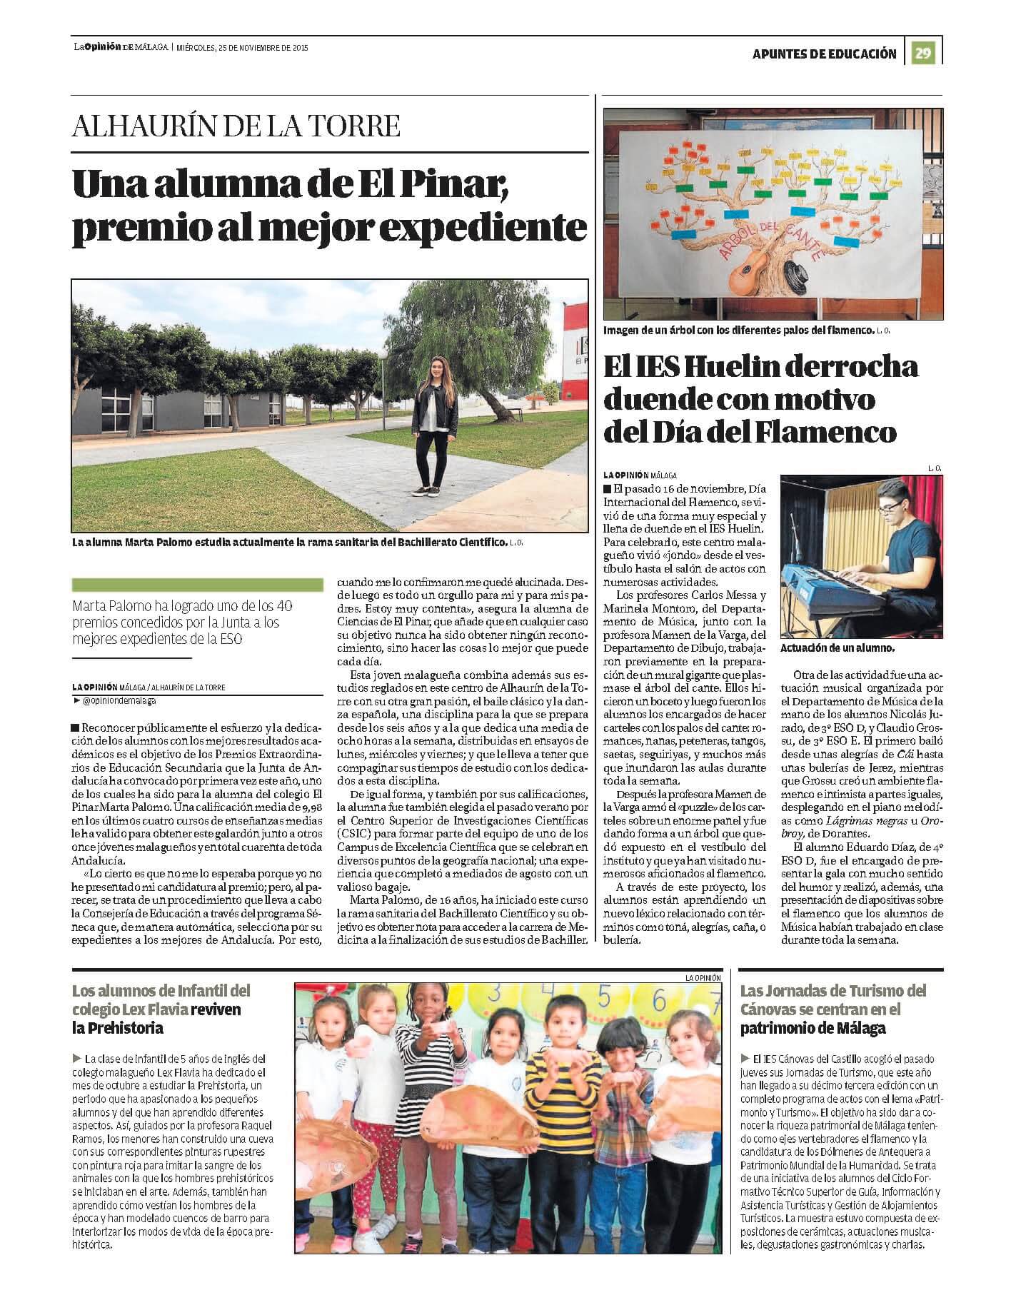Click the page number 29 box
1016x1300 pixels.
[925, 53]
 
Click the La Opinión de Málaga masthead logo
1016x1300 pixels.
[121, 48]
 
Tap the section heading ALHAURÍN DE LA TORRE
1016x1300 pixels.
[236, 126]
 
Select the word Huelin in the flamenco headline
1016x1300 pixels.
[726, 368]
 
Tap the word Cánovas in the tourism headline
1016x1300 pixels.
[772, 1009]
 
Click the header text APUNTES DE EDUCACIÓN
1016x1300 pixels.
[825, 54]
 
